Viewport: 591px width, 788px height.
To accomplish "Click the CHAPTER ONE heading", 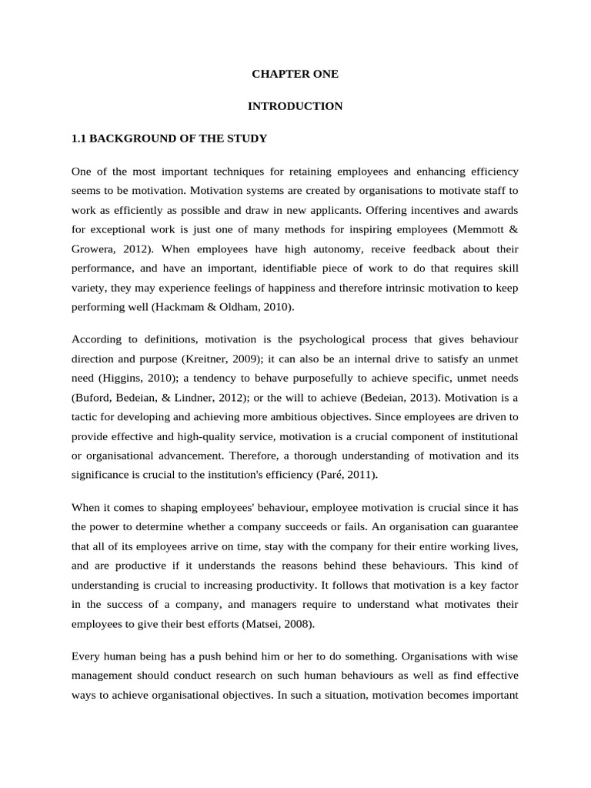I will tap(295, 75).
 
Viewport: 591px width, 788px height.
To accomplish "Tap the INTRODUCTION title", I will tap(295, 106).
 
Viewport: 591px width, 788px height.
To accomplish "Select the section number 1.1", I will tap(78, 139).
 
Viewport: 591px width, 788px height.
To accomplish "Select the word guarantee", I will tap(494, 527).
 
